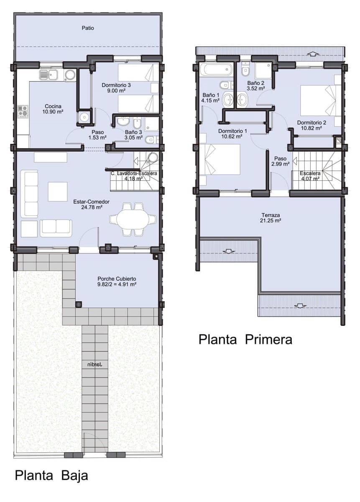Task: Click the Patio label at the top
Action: coord(88,28)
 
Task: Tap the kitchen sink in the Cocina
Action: coord(49,75)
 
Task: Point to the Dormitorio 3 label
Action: coord(116,85)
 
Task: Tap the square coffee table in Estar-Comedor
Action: coord(57,192)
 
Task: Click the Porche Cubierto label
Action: coord(117,279)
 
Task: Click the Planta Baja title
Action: coord(51,476)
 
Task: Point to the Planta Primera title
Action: coord(245,339)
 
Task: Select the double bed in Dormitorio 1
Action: coord(221,159)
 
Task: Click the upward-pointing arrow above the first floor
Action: coord(313,54)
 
